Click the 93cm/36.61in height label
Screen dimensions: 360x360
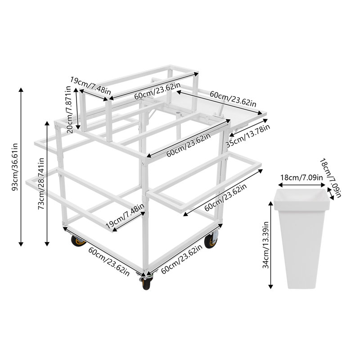[14, 166]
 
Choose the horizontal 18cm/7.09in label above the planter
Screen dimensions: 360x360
[301, 177]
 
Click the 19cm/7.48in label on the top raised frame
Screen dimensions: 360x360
[90, 84]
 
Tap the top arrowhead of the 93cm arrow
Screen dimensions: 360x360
[21, 89]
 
